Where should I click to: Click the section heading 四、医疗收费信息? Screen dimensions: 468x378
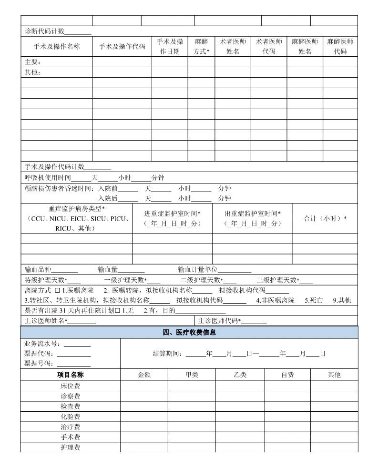pyautogui.click(x=189, y=333)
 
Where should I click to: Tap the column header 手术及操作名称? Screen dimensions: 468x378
pyautogui.click(x=56, y=47)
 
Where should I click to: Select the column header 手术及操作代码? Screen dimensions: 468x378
pyautogui.click(x=122, y=47)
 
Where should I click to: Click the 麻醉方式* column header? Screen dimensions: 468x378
pyautogui.click(x=201, y=47)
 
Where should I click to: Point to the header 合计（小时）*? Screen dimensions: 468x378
pyautogui.click(x=325, y=219)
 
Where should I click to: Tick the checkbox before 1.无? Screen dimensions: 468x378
pyautogui.click(x=117, y=311)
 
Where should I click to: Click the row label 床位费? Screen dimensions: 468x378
pyautogui.click(x=70, y=386)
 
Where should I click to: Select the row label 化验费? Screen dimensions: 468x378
pyautogui.click(x=70, y=417)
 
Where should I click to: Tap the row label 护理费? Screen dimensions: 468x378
pyautogui.click(x=70, y=448)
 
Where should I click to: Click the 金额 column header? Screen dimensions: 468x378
pyautogui.click(x=144, y=375)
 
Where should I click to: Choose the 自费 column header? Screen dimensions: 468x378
pyautogui.click(x=287, y=375)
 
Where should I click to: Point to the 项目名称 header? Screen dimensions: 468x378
pyautogui.click(x=70, y=375)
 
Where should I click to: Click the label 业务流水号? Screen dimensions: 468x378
pyautogui.click(x=42, y=344)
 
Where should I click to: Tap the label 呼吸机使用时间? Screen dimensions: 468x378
pyautogui.click(x=48, y=178)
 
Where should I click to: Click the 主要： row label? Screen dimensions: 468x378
pyautogui.click(x=33, y=62)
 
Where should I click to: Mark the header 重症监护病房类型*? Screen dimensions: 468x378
pyautogui.click(x=76, y=209)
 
